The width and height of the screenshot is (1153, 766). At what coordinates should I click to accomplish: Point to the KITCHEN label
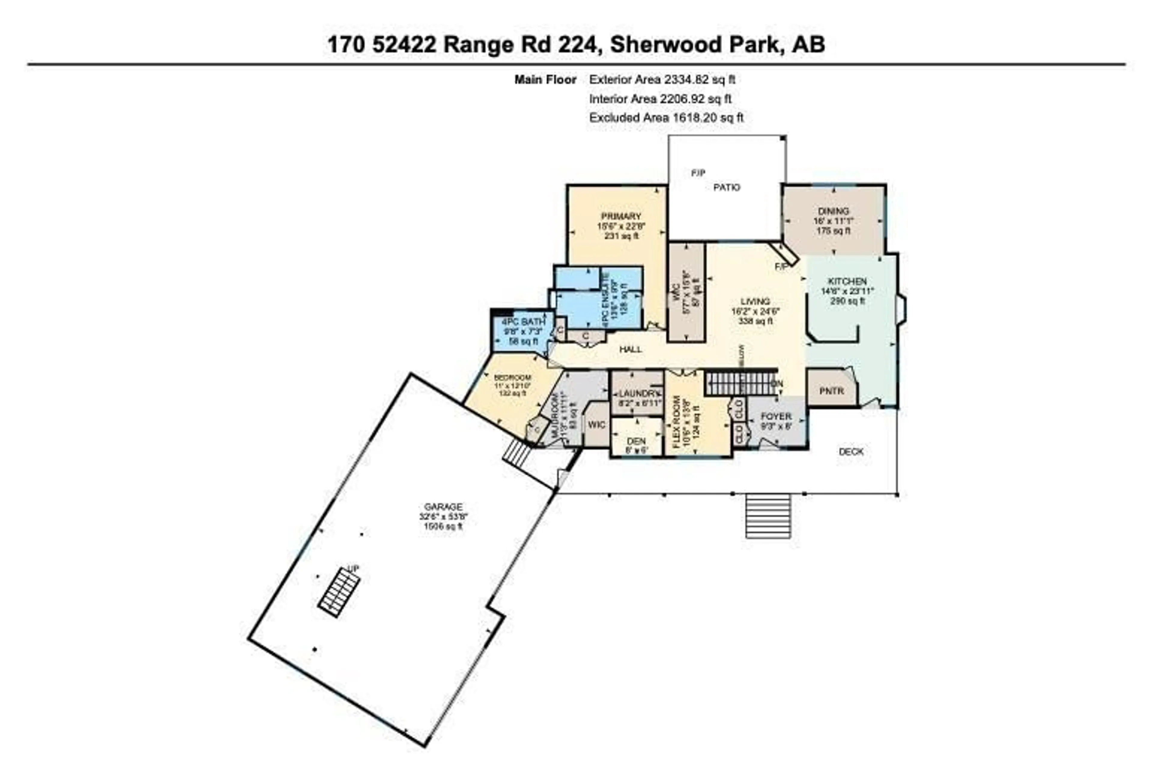(847, 281)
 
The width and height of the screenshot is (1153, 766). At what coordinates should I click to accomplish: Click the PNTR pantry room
(831, 391)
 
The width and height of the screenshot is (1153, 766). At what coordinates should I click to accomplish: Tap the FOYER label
(776, 416)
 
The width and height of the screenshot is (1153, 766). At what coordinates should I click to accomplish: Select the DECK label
(851, 452)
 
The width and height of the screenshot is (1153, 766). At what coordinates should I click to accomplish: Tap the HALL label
(630, 349)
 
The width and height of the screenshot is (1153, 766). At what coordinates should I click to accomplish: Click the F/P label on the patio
(698, 173)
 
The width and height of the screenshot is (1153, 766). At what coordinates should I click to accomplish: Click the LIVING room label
(755, 301)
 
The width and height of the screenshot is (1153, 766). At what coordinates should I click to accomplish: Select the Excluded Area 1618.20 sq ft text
(666, 118)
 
